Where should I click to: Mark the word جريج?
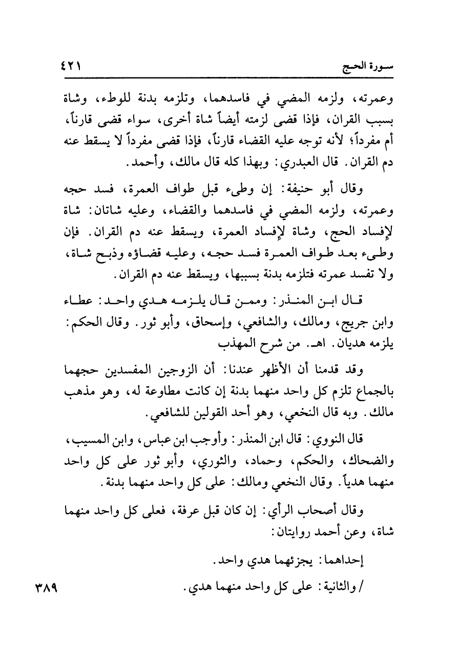pyautogui.click(x=358, y=325)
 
